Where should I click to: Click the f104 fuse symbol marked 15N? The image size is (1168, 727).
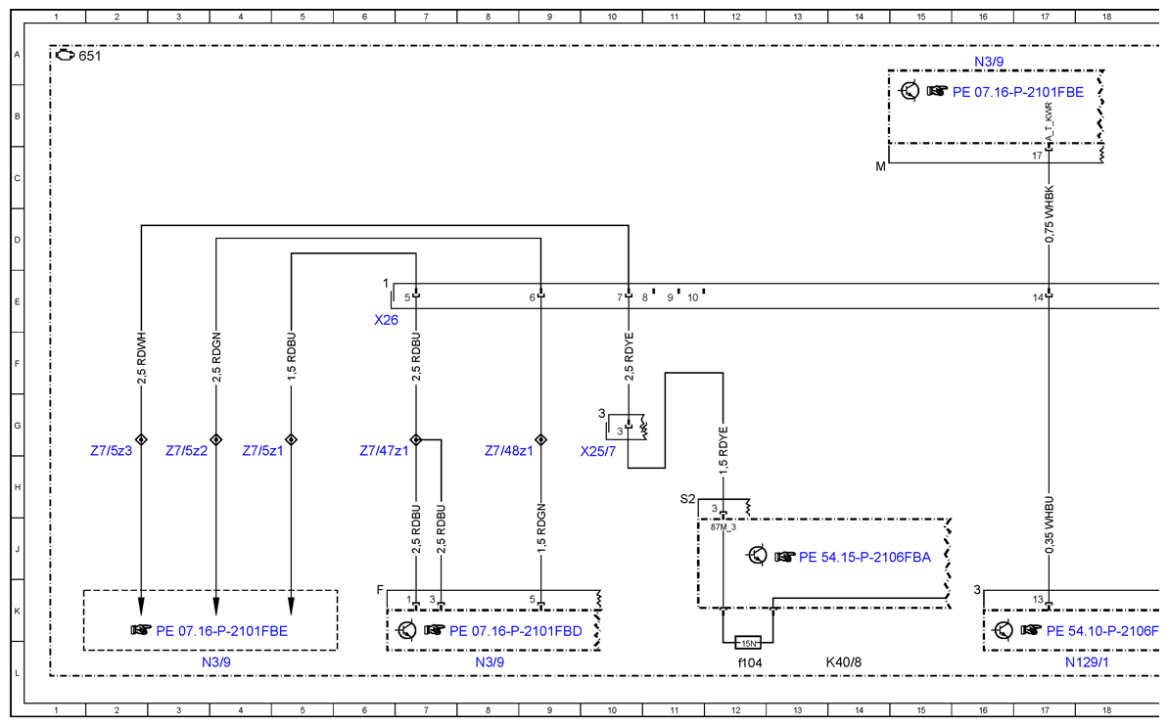click(748, 643)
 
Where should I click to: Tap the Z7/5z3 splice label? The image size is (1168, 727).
click(111, 451)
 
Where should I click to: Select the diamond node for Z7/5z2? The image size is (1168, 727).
click(216, 439)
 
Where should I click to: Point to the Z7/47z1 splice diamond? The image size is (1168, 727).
click(416, 439)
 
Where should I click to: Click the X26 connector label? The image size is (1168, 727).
click(386, 320)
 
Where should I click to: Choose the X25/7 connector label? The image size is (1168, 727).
click(598, 452)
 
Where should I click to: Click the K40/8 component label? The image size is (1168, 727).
click(843, 662)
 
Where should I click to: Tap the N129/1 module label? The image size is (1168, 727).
click(1087, 662)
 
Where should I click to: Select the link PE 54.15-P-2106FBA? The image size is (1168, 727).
click(864, 558)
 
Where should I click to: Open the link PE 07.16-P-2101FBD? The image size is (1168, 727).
click(516, 631)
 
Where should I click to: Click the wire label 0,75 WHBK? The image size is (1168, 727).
click(1049, 214)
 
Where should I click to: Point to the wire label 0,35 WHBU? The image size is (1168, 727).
click(1049, 524)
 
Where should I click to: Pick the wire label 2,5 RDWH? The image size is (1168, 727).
click(142, 359)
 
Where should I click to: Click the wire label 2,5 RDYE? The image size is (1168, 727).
click(629, 357)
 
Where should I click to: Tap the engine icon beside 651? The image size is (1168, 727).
click(65, 55)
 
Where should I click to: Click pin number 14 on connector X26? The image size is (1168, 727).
click(1038, 297)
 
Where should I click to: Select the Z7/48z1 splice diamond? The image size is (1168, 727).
click(540, 439)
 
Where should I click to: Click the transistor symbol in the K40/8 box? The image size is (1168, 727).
click(757, 556)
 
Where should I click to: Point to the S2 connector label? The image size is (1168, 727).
click(687, 499)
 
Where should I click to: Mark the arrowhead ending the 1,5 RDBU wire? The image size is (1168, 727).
click(291, 605)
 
